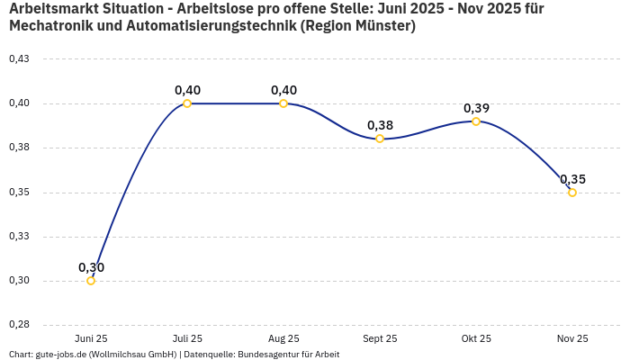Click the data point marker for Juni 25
91,281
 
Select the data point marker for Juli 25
187,103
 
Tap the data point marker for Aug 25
283,103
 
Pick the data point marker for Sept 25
380,139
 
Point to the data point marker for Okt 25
476,121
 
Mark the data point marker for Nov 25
572,192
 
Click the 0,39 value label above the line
476,108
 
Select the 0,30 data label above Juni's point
91,267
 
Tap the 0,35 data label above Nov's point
572,179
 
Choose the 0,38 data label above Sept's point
380,125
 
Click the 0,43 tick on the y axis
19,59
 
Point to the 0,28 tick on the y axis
19,325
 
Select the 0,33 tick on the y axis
19,237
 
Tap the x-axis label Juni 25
91,338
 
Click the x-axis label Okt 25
476,338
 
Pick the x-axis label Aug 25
283,338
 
